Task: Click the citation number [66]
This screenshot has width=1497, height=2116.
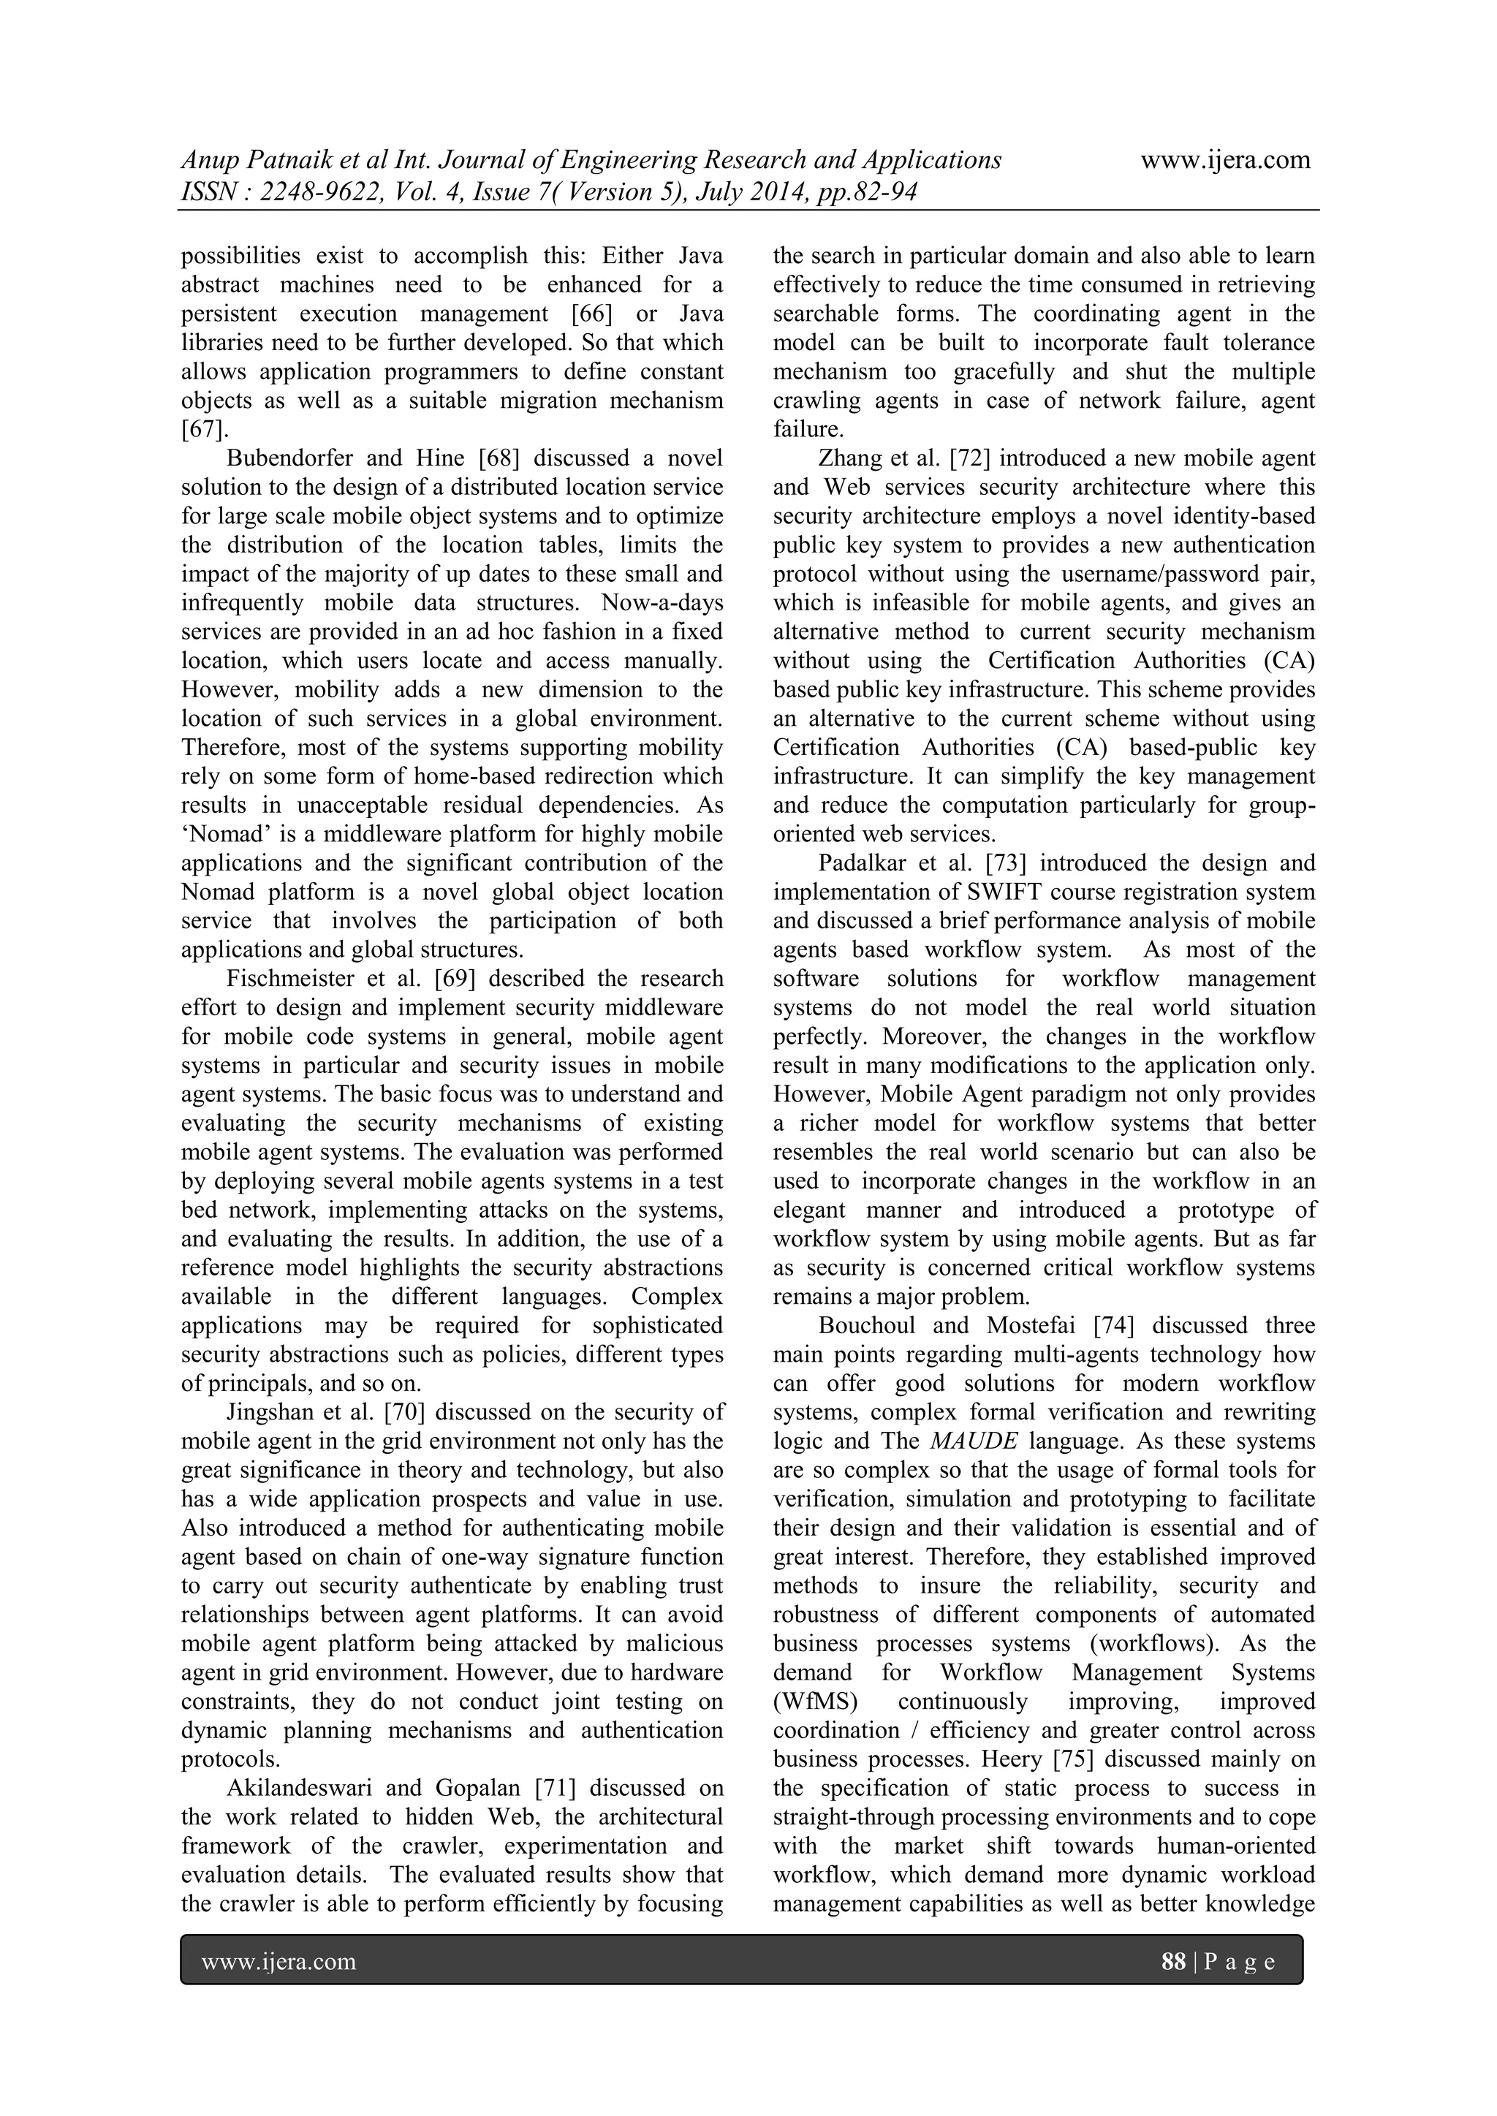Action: pyautogui.click(x=592, y=314)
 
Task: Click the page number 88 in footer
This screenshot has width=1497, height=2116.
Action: pyautogui.click(x=1173, y=1961)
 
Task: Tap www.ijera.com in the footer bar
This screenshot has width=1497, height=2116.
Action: pyautogui.click(x=278, y=1961)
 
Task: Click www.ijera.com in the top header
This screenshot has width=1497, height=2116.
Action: pyautogui.click(x=1225, y=159)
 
